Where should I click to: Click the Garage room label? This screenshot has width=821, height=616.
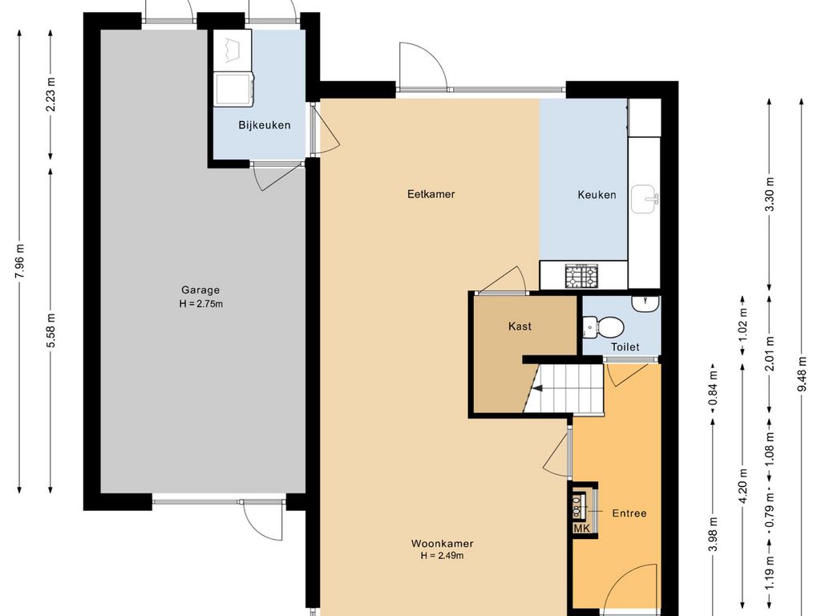coord(200,290)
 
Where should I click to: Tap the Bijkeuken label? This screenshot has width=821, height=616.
coord(265,125)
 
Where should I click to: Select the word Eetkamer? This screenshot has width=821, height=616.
coord(431,194)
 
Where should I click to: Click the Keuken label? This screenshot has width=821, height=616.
coord(597,195)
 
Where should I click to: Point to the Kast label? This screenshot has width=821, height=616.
coord(520,326)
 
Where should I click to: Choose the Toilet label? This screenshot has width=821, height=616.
coord(625,346)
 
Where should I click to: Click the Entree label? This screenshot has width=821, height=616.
coord(629,513)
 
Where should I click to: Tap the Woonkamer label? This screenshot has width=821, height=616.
coord(443,544)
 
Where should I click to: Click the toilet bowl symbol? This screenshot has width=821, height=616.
coord(604,327)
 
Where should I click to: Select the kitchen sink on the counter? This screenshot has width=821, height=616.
coord(644,199)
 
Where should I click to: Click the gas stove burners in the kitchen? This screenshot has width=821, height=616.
coord(581,277)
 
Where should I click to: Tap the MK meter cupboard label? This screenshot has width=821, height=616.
coord(582,529)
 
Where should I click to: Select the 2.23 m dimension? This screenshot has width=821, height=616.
coord(51,95)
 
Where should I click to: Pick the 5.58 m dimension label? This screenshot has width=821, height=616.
coord(51,330)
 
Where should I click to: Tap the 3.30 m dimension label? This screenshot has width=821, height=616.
coord(770,194)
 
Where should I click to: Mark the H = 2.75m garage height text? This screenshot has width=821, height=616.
coord(201,304)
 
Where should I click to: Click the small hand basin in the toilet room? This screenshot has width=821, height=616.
coord(645,304)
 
